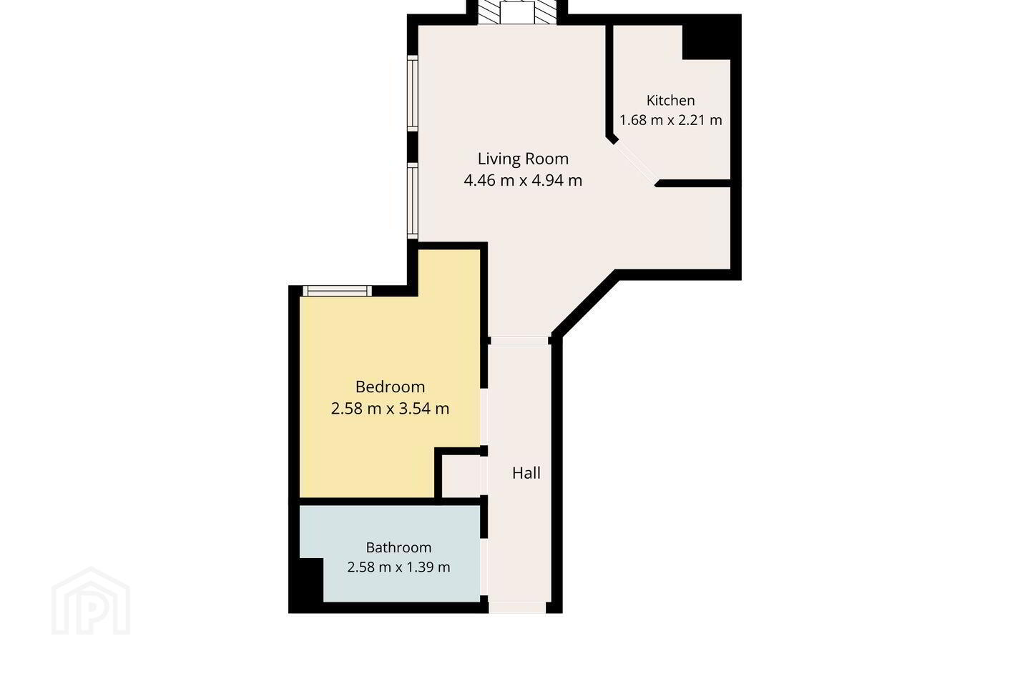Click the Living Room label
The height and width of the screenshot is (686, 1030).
pos(523,159)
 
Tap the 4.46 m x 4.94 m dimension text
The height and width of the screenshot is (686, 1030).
pos(523,180)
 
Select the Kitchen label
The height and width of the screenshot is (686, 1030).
pos(670,100)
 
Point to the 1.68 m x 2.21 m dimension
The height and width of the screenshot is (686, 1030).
pos(670,120)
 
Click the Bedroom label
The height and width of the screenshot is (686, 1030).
pos(390,387)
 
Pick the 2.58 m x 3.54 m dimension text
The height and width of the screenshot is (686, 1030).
pos(390,409)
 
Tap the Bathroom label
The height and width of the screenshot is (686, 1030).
pos(398,547)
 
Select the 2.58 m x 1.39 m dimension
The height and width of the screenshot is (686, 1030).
pos(398,567)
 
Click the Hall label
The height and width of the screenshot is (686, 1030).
pos(526,473)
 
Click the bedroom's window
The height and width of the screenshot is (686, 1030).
pos(337,291)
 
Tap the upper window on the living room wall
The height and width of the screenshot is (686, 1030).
pos(413,94)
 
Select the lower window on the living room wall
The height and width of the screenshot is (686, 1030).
pos(413,201)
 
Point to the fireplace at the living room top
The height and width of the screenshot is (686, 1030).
pos(517,12)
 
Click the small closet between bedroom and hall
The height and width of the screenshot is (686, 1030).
pos(461,476)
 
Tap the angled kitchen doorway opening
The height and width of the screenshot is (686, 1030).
pos(636,161)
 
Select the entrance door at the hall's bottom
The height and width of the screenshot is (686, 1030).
pos(517,607)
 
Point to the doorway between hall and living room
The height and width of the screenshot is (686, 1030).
pos(519,340)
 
